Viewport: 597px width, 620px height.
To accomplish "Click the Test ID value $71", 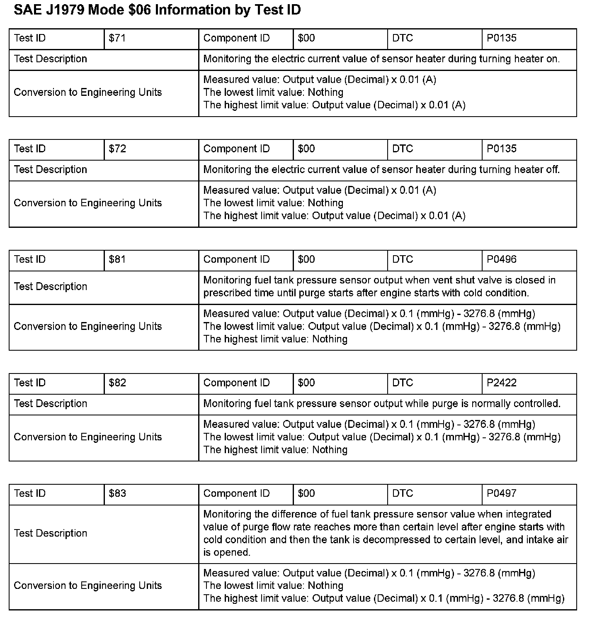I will click(x=117, y=39).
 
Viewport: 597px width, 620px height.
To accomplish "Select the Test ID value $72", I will click(x=117, y=149).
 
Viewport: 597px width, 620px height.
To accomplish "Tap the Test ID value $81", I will click(x=117, y=260).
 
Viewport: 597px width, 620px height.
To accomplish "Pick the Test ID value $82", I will click(x=117, y=383).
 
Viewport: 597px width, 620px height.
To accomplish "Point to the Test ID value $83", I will click(x=117, y=493).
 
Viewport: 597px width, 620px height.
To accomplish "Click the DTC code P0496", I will click(x=502, y=260).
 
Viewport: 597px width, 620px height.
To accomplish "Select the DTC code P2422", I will click(x=502, y=383).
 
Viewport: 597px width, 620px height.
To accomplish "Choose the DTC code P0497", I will click(x=502, y=493).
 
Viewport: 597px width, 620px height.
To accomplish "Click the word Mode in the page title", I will click(x=105, y=10).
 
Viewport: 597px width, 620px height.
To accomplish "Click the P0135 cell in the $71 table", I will click(x=502, y=39).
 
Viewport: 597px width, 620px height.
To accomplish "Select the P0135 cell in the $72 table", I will click(x=502, y=149).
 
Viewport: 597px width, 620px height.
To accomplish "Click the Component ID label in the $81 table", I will click(x=236, y=260).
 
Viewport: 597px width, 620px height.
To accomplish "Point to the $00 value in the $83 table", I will click(x=306, y=493).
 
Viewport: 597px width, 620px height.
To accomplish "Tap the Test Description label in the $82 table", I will click(x=51, y=404).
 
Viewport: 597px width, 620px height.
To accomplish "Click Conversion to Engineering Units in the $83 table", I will click(x=87, y=586).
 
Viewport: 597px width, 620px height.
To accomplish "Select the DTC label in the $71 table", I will click(x=403, y=39).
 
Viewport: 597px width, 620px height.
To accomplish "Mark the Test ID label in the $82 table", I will click(x=29, y=383).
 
